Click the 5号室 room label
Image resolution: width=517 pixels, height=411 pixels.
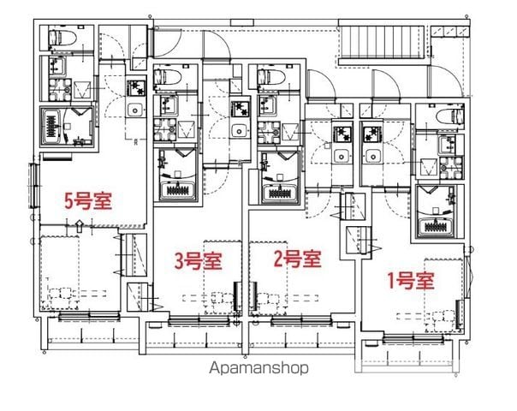click(x=88, y=201)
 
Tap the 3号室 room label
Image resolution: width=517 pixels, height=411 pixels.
click(x=198, y=261)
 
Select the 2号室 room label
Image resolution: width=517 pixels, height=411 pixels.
click(x=297, y=259)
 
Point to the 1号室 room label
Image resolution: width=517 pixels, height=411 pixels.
click(x=410, y=281)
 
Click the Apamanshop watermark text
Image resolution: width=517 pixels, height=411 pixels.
click(x=258, y=368)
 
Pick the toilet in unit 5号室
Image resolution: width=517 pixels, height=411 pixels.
click(x=62, y=38)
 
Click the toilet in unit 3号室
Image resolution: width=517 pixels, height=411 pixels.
click(x=167, y=77)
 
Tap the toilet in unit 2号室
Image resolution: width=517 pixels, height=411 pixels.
click(x=270, y=77)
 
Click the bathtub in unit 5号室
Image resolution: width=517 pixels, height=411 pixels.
click(x=51, y=126)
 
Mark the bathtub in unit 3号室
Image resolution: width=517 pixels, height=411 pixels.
click(x=178, y=191)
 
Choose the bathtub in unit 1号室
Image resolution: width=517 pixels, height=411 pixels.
click(x=435, y=227)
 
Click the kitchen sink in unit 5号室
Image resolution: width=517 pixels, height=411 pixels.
click(x=135, y=110)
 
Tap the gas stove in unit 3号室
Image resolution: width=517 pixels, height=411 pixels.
click(x=240, y=109)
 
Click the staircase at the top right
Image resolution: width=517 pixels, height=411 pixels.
click(x=382, y=43)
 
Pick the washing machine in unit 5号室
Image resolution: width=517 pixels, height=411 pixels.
click(x=60, y=89)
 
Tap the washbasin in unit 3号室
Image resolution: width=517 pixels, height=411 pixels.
click(x=169, y=104)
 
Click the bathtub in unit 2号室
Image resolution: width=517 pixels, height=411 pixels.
click(x=281, y=191)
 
